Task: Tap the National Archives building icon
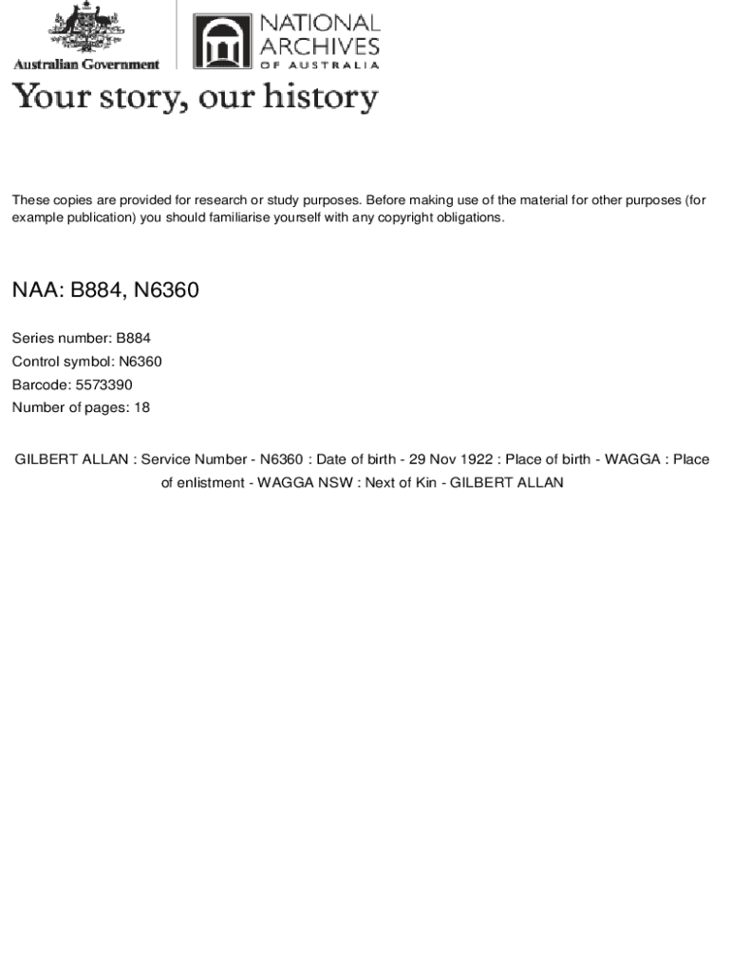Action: tap(222, 41)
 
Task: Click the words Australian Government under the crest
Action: tap(85, 65)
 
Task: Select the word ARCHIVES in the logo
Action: tap(319, 46)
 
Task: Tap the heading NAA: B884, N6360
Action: tap(105, 290)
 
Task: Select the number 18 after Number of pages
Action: tap(141, 407)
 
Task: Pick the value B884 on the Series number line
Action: tap(133, 338)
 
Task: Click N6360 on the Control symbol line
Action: tap(141, 362)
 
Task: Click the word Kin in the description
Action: tap(425, 482)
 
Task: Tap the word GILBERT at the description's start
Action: tap(44, 459)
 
